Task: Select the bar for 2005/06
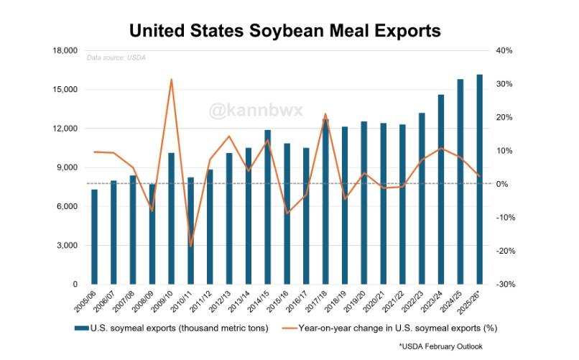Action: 94,237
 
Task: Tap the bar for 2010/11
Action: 190,231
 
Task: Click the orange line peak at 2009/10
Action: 171,80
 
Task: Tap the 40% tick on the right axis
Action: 503,51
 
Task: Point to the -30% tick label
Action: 504,285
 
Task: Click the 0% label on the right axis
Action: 501,185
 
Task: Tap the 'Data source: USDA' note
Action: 116,57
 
